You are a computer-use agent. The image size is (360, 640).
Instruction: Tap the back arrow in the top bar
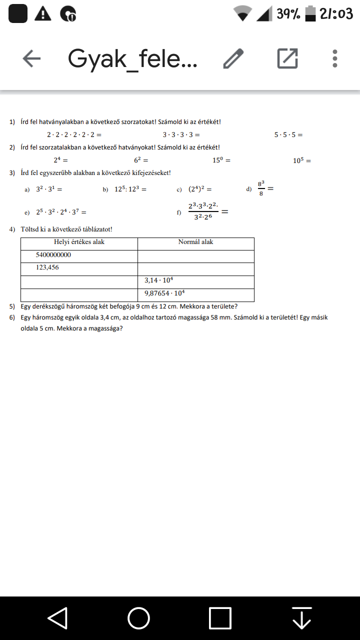[31, 59]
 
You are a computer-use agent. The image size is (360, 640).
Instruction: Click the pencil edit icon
[233, 59]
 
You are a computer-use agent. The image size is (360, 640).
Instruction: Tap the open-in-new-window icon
[287, 59]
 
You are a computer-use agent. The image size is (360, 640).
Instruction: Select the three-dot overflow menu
[334, 59]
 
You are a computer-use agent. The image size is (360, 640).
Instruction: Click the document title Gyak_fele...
[132, 59]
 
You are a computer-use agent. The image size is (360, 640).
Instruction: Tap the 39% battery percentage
[288, 14]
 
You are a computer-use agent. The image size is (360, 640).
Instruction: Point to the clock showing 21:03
[336, 14]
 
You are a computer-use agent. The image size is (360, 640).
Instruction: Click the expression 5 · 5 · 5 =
[288, 135]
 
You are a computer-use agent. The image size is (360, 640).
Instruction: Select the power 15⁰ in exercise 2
[218, 160]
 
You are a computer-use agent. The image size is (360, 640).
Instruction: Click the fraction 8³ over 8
[261, 188]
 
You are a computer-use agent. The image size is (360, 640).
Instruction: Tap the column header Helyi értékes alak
[79, 242]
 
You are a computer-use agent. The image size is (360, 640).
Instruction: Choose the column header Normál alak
[195, 242]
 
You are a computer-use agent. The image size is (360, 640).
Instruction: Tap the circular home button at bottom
[138, 618]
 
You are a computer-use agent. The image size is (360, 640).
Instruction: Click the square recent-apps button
[220, 618]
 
